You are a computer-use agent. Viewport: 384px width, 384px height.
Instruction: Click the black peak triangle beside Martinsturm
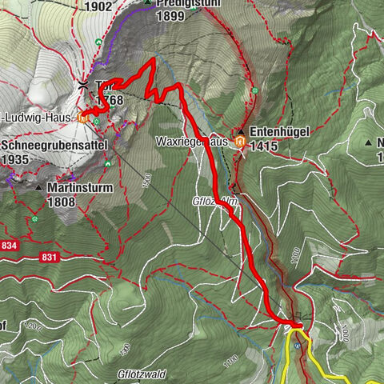(38, 188)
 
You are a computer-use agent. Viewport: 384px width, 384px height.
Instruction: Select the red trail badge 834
(10, 245)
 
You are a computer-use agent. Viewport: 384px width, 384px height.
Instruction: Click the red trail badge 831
(48, 257)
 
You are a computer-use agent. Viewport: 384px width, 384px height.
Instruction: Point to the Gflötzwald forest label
(142, 373)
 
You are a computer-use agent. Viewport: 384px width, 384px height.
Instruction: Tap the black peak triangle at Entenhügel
(240, 131)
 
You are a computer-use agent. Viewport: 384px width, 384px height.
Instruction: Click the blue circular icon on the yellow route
(297, 345)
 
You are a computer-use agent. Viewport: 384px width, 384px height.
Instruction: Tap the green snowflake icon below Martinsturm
(34, 218)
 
